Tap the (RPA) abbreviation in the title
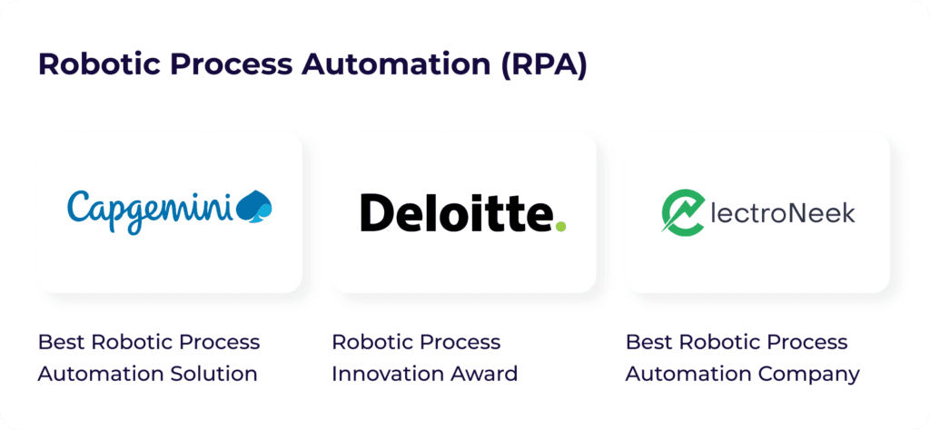tap(540, 65)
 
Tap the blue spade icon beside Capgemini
tap(254, 207)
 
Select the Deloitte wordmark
tap(457, 212)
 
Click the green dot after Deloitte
tap(560, 226)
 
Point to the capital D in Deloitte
tap(375, 212)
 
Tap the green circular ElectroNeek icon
tap(683, 212)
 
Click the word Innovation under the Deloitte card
tap(383, 374)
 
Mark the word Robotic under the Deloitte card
tap(371, 342)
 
